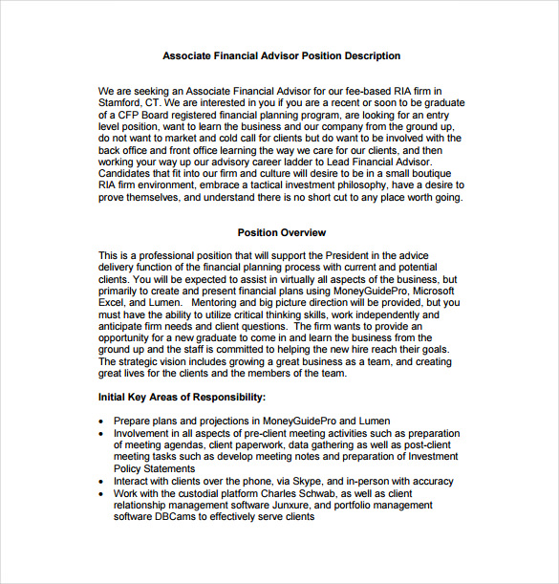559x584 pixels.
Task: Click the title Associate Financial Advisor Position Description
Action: coord(282,56)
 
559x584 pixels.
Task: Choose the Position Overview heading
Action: coord(281,232)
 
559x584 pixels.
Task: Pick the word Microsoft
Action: coord(428,290)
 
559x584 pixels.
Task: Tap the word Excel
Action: coord(113,302)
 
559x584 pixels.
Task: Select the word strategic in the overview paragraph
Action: coord(142,362)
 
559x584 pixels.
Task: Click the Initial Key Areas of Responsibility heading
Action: coord(182,397)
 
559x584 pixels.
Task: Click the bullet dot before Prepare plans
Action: coord(102,422)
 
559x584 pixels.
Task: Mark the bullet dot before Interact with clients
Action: coord(102,482)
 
